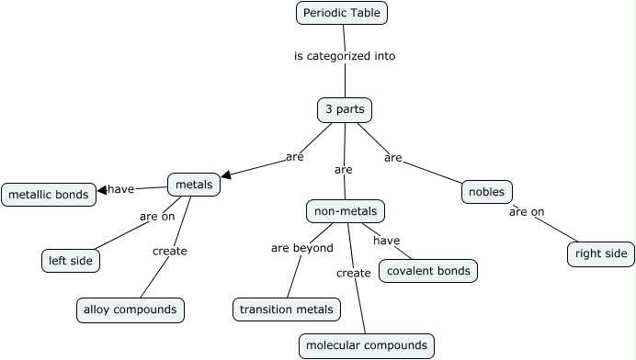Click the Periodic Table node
(x=342, y=13)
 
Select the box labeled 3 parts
(x=345, y=110)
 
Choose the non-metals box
(x=345, y=212)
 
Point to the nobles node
(x=486, y=192)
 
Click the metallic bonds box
(x=49, y=195)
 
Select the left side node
(x=70, y=261)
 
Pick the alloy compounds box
(x=130, y=310)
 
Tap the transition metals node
(x=287, y=310)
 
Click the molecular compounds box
(x=366, y=345)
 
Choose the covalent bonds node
(x=428, y=271)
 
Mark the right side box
(x=601, y=253)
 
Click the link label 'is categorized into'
(x=345, y=56)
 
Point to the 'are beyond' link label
(x=301, y=248)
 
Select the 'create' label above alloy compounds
(x=170, y=251)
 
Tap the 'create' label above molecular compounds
(x=354, y=273)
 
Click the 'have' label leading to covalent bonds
(x=387, y=241)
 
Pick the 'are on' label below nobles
(x=527, y=212)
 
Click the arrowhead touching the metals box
(x=225, y=174)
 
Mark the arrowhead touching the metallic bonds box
(x=102, y=191)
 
